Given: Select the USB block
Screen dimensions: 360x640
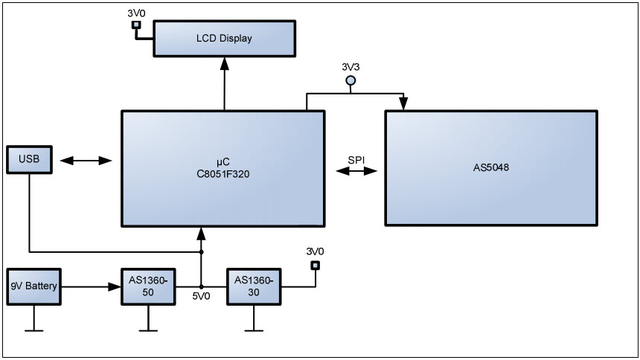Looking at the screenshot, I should coord(29,160).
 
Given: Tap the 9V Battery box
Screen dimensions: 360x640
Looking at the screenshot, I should coord(32,286).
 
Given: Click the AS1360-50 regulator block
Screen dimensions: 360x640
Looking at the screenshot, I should coord(149,286).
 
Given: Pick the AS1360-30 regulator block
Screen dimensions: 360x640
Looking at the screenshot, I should coord(255,286).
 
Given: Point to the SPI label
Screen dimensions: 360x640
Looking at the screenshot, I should coord(356,160).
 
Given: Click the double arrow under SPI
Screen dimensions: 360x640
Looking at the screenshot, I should coord(356,172).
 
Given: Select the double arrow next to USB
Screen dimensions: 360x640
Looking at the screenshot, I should coord(86,161).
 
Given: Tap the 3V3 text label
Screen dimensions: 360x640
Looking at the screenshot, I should coord(351,67).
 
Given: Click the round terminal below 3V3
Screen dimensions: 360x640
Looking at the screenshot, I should coord(351,80).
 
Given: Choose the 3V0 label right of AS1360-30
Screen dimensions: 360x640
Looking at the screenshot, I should coord(316,251).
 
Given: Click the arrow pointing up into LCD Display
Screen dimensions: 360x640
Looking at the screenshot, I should coord(223,67).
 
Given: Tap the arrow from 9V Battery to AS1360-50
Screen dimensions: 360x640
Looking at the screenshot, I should coord(89,286).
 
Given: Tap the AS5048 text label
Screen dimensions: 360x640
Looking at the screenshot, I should coord(490,167).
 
